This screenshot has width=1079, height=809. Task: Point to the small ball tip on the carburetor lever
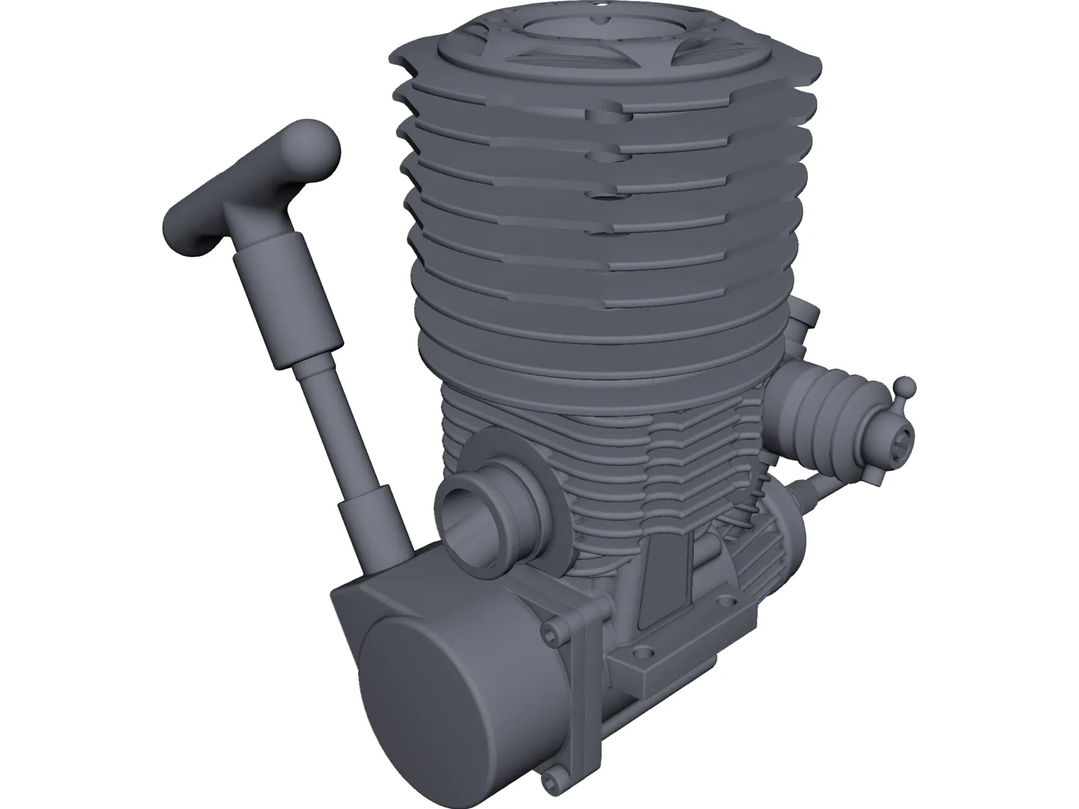click(x=905, y=386)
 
